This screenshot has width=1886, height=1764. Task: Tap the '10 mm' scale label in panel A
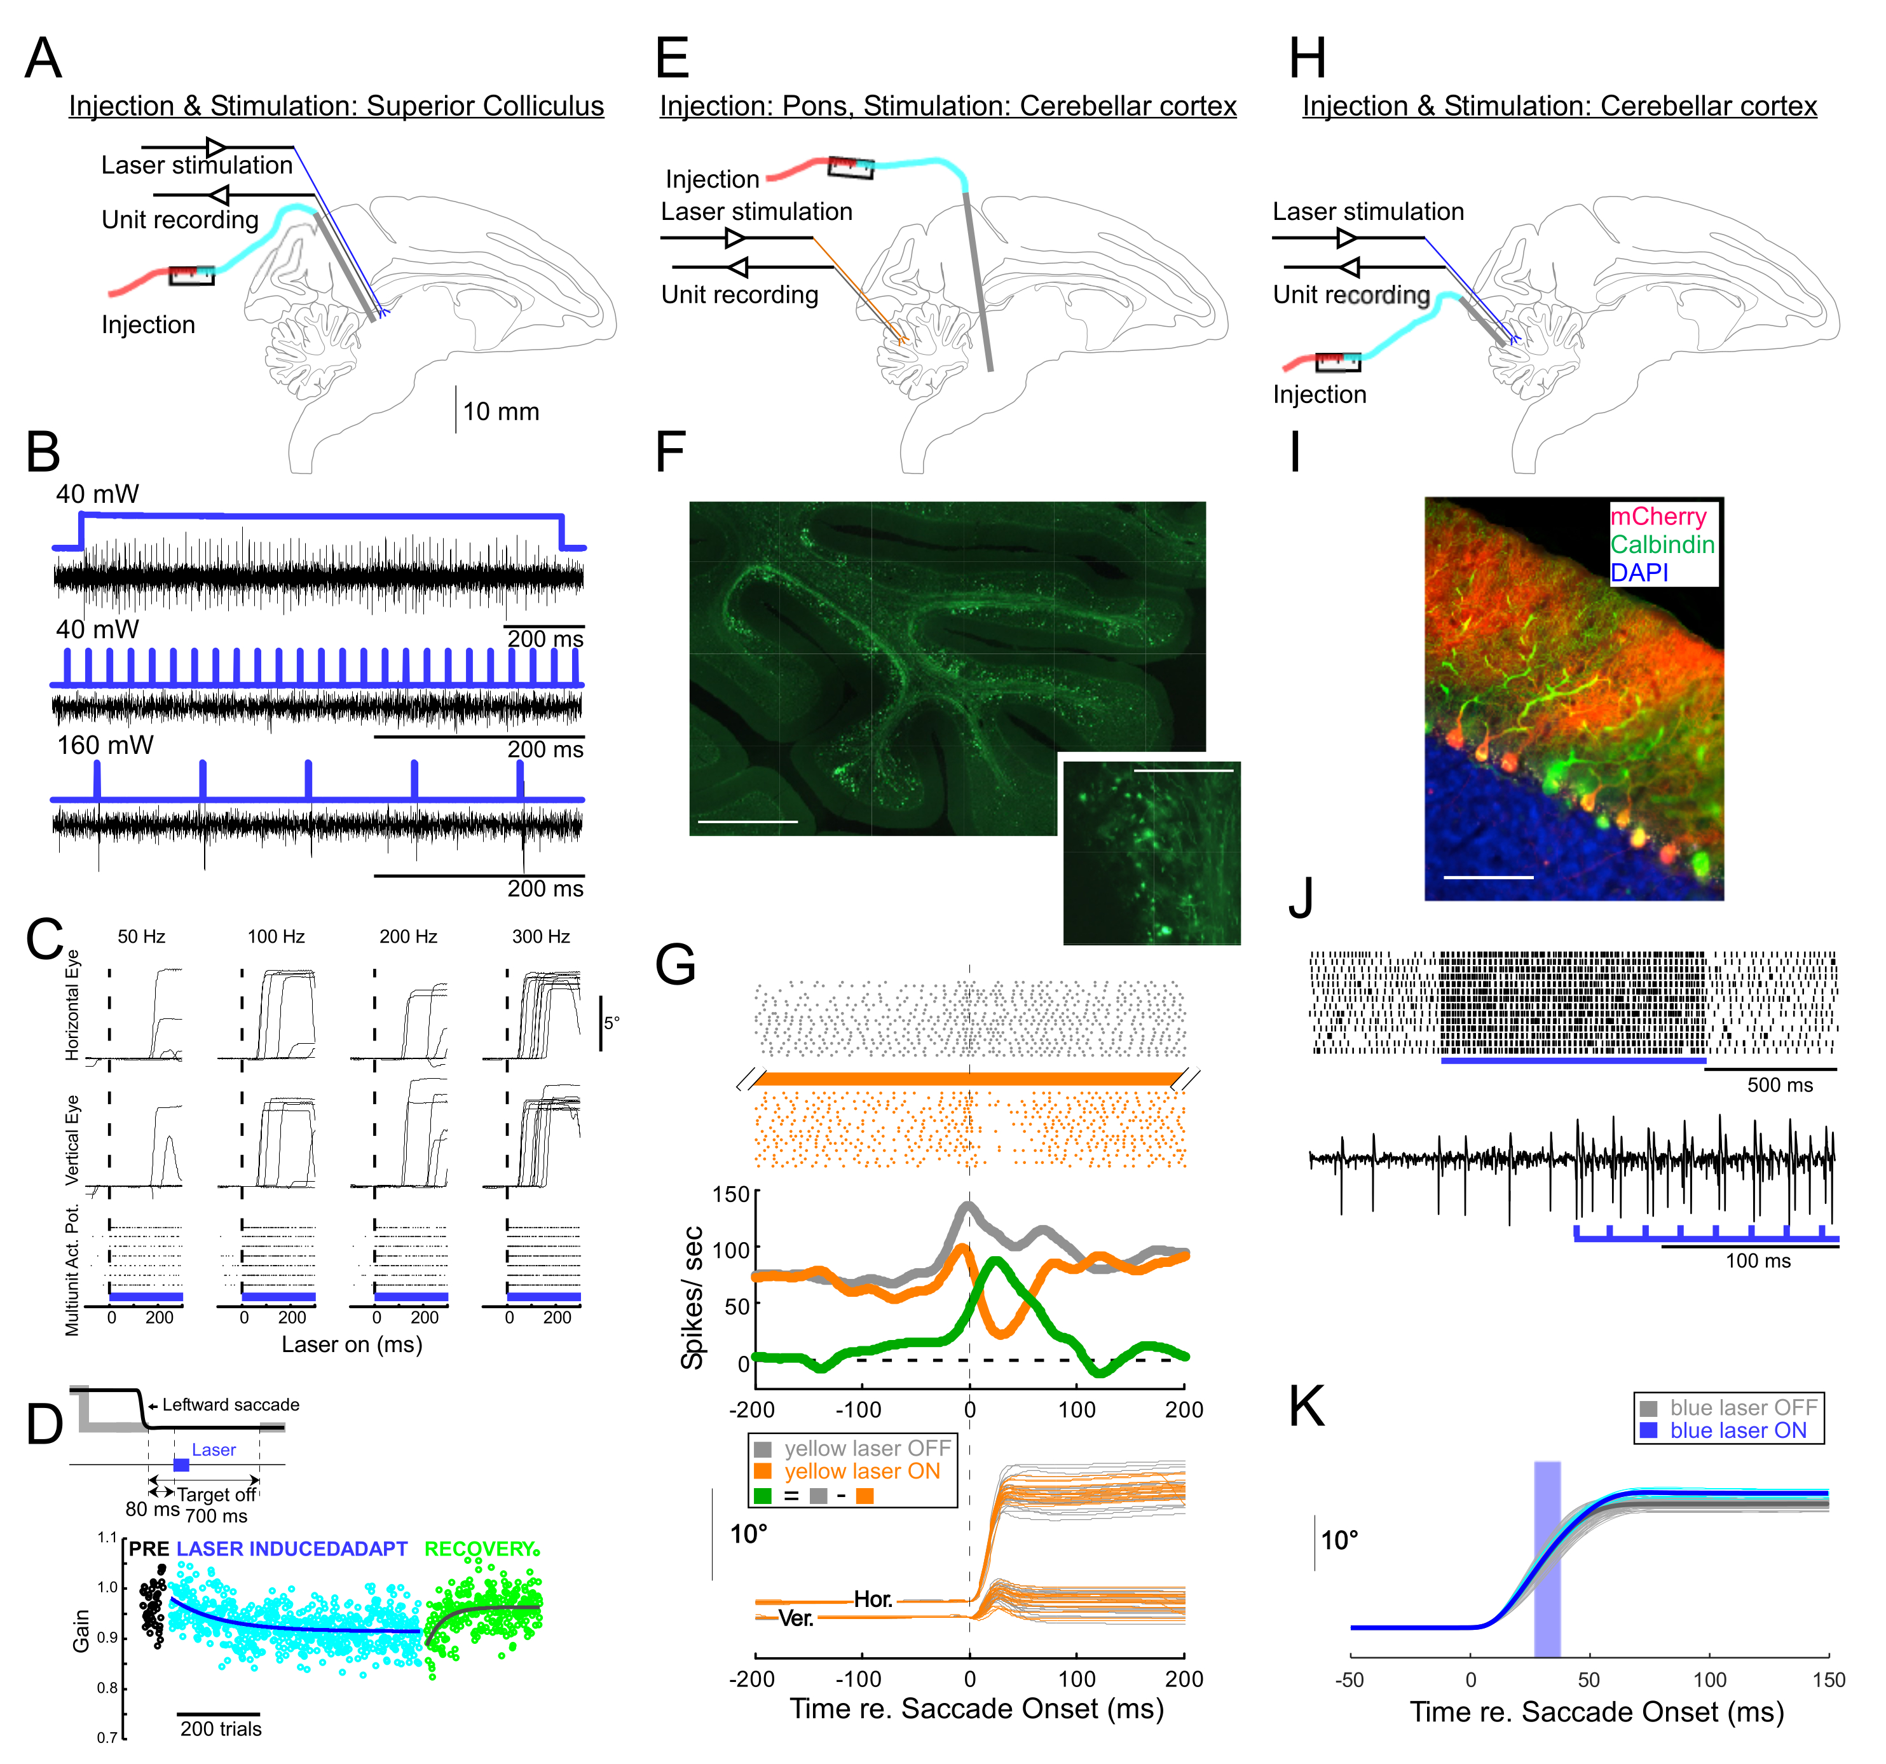pyautogui.click(x=501, y=412)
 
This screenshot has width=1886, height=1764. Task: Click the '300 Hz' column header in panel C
pyautogui.click(x=541, y=936)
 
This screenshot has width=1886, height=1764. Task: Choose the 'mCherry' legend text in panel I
pyautogui.click(x=1658, y=516)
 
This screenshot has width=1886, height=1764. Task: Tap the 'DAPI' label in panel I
pyautogui.click(x=1639, y=572)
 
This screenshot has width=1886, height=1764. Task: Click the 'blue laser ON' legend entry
pyautogui.click(x=1738, y=1430)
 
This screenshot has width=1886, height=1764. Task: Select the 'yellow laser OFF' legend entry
pyautogui.click(x=866, y=1448)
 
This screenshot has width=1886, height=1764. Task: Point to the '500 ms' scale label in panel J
pyautogui.click(x=1780, y=1084)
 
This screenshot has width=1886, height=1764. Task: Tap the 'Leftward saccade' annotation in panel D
pyautogui.click(x=231, y=1404)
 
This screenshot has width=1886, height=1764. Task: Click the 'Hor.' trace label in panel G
pyautogui.click(x=873, y=1599)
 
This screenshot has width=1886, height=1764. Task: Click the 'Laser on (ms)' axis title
pyautogui.click(x=352, y=1344)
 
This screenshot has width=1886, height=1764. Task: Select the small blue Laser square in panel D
pyautogui.click(x=181, y=1465)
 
